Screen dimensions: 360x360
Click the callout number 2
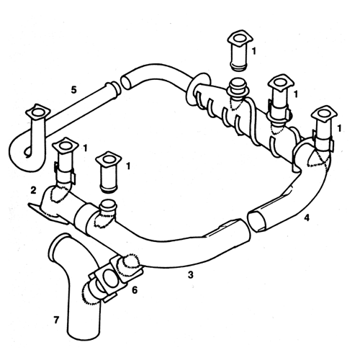pyautogui.click(x=34, y=190)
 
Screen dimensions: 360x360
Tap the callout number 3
pyautogui.click(x=190, y=274)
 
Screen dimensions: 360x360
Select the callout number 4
pyautogui.click(x=307, y=217)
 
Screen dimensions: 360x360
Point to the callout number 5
pyautogui.click(x=74, y=90)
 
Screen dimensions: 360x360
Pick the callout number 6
pyautogui.click(x=135, y=290)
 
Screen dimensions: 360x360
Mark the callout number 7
pyautogui.click(x=56, y=320)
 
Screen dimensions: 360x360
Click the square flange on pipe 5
pyautogui.click(x=38, y=112)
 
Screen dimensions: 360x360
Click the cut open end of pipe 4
pyautogui.click(x=257, y=220)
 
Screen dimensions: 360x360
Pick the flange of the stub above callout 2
pyautogui.click(x=66, y=145)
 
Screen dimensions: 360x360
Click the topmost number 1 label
pyautogui.click(x=254, y=51)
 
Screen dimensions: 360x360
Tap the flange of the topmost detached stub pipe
pyautogui.click(x=240, y=38)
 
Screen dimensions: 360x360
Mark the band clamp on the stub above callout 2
pyautogui.click(x=65, y=173)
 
